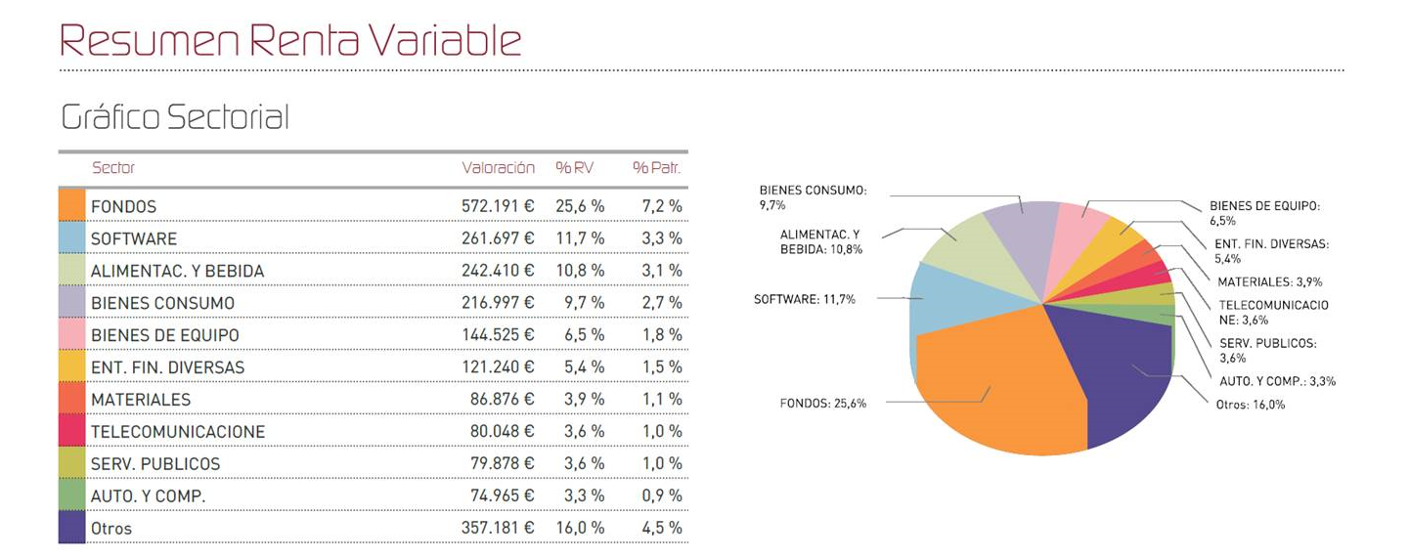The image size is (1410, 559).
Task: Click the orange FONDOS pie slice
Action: [997, 381]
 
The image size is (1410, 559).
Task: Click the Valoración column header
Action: [498, 168]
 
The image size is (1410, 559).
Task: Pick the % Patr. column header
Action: [656, 168]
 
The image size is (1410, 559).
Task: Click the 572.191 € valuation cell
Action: [498, 206]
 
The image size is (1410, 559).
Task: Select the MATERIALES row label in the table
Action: [141, 400]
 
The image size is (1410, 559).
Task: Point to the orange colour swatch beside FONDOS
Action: [71, 206]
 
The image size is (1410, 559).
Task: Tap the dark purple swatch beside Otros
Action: [71, 528]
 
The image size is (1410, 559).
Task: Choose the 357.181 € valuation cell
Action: [498, 528]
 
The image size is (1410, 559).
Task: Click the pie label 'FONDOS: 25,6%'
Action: [822, 403]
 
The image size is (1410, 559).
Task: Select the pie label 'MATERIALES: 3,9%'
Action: [1262, 282]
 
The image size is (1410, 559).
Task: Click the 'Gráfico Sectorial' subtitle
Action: [175, 117]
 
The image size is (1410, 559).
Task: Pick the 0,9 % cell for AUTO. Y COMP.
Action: [661, 495]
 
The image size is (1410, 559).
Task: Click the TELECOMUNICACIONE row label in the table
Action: [178, 432]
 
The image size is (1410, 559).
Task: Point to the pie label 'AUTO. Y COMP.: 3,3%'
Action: [1277, 381]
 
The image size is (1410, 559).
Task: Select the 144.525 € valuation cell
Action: [498, 335]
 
